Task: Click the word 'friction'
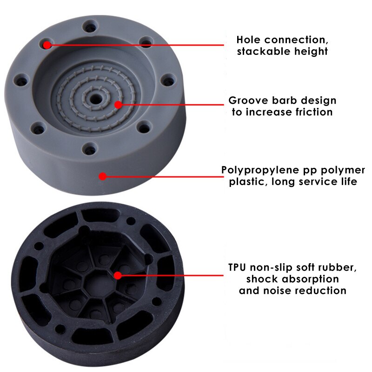313,112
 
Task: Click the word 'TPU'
237,267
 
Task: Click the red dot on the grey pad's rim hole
47,45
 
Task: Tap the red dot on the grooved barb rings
118,105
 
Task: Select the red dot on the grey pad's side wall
102,176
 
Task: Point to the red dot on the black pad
118,275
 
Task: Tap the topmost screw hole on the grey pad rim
90,26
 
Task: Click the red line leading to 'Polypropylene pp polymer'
164,177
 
